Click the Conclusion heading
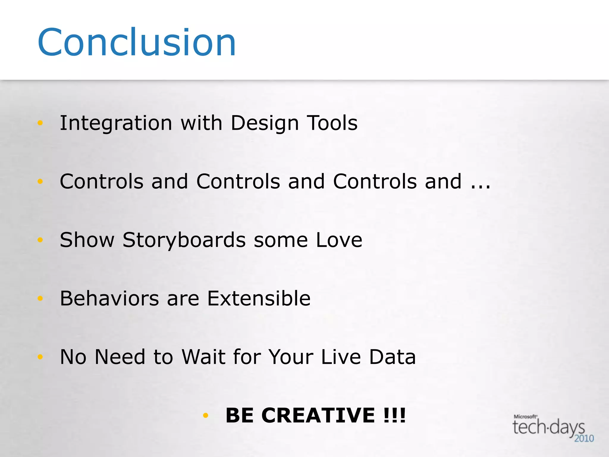pyautogui.click(x=137, y=42)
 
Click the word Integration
pyautogui.click(x=116, y=123)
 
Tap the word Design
pyautogui.click(x=265, y=123)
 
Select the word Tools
pyautogui.click(x=332, y=123)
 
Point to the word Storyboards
pyautogui.click(x=184, y=240)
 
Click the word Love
pyautogui.click(x=339, y=240)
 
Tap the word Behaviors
pyautogui.click(x=109, y=298)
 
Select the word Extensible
pyautogui.click(x=259, y=298)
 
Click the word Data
pyautogui.click(x=392, y=357)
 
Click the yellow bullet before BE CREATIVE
pyautogui.click(x=205, y=415)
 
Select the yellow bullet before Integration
pyautogui.click(x=40, y=123)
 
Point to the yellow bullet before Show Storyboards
pyautogui.click(x=40, y=240)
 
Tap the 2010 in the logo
pyautogui.click(x=584, y=439)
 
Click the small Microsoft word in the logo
pyautogui.click(x=525, y=417)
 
